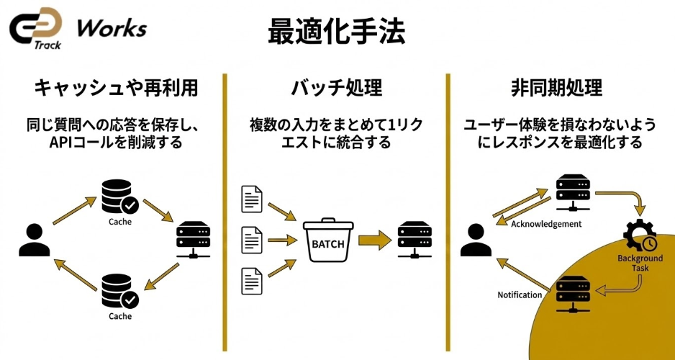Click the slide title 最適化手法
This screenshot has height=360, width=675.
[337, 31]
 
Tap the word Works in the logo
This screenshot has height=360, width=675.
[112, 29]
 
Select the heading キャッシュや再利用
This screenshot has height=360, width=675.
[116, 89]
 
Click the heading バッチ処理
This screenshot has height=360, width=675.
[336, 89]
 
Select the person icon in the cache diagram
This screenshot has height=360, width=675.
[32, 240]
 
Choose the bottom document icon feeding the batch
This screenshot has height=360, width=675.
[252, 281]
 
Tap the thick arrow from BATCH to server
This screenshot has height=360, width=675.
[372, 241]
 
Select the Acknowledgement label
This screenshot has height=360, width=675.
[546, 224]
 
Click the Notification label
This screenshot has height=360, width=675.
[520, 295]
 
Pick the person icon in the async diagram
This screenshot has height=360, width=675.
[475, 240]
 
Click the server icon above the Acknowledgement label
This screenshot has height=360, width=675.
[573, 192]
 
